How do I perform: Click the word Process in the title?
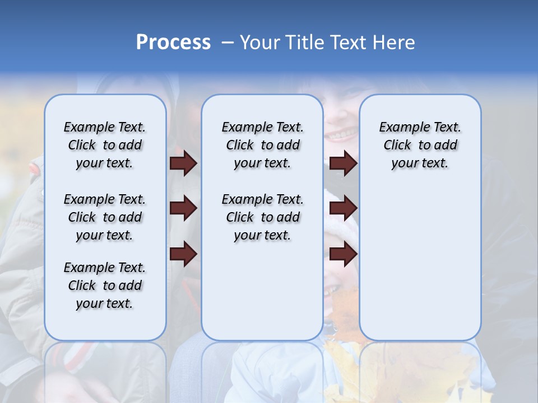point(173,42)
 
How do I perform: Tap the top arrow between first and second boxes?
point(183,163)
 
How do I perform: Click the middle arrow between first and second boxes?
point(183,209)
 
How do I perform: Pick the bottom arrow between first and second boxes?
point(183,254)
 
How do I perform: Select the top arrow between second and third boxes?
point(343,163)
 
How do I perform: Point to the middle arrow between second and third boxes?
point(343,209)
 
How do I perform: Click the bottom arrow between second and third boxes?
point(343,254)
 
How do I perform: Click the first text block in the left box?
point(105,145)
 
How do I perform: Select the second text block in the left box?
point(105,217)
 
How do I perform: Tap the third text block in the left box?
point(105,285)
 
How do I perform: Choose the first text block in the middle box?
point(262,145)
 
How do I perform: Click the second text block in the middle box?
point(262,217)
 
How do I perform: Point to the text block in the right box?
point(420,145)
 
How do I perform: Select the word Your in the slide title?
point(260,43)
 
